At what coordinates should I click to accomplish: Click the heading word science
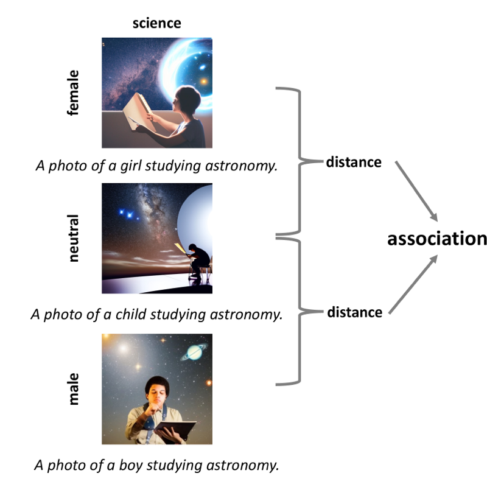157,23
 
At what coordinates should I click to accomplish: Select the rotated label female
73,93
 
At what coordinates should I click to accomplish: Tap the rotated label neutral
73,238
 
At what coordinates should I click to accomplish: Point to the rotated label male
73,389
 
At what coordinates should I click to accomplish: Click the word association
437,239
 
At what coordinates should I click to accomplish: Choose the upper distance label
354,162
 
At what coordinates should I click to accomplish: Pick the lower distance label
355,312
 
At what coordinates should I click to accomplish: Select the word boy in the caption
131,466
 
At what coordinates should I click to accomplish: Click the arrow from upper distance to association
416,191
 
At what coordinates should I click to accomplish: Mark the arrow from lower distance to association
413,284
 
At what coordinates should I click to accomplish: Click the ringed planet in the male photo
194,352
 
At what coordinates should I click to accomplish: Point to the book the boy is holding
175,430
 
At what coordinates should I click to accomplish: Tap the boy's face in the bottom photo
156,394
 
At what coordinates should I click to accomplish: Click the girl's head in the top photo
187,100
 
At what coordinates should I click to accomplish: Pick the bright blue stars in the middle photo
127,214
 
